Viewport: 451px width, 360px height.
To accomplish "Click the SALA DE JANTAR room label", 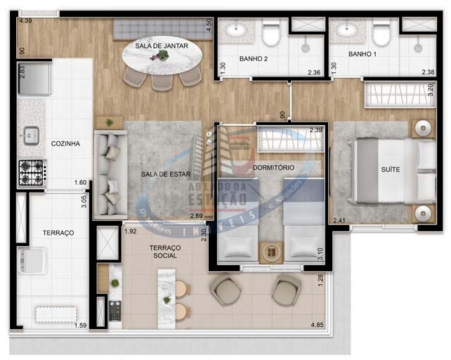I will coord(162,46).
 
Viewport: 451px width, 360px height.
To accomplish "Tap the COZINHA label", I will coord(65,143).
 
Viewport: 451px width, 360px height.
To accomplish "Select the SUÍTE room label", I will coord(391,169).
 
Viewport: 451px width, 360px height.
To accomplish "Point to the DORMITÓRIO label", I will coord(273,167).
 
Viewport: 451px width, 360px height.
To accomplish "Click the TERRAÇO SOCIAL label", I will coord(165,252).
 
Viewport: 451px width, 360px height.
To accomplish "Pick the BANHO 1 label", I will coord(363,54).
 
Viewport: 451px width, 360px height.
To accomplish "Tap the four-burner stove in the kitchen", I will coord(32,172).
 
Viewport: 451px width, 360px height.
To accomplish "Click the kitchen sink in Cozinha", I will coord(31,135).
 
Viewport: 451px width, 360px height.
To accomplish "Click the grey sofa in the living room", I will coord(109,173).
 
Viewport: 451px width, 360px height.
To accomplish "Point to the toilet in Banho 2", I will coord(271,34).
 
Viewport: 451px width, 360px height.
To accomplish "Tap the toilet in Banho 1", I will coord(381,34).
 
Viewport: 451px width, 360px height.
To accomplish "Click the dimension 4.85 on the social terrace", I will coord(318,324).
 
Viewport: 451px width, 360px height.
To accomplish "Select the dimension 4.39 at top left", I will coord(25,21).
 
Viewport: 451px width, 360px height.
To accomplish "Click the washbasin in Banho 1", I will coord(344,30).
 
